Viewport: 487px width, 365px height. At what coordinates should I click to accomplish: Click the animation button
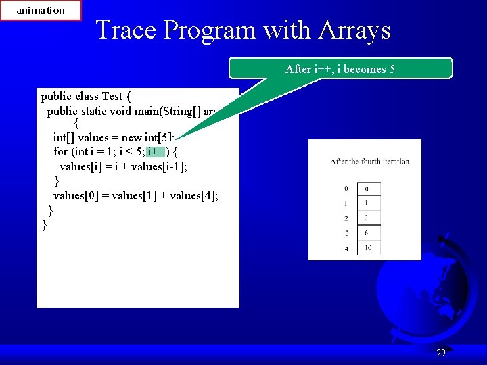(41, 10)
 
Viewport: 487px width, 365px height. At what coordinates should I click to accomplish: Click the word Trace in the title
(126, 30)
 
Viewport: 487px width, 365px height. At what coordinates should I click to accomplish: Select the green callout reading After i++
(340, 69)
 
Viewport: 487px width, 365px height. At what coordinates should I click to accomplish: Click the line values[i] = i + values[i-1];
(122, 166)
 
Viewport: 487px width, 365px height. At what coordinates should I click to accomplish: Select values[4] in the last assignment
(194, 196)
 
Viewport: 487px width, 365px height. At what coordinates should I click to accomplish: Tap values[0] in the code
(76, 196)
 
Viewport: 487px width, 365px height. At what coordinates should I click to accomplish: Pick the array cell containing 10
(367, 248)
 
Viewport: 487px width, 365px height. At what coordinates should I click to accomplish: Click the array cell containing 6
(367, 233)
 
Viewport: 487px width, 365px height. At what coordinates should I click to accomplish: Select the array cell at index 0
(367, 189)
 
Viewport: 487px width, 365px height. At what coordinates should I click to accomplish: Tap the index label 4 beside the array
(346, 249)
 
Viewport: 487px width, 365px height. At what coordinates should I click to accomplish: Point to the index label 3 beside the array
(346, 234)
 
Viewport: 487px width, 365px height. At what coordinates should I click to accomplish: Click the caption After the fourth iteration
(369, 161)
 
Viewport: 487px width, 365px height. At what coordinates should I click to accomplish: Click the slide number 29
(441, 353)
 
